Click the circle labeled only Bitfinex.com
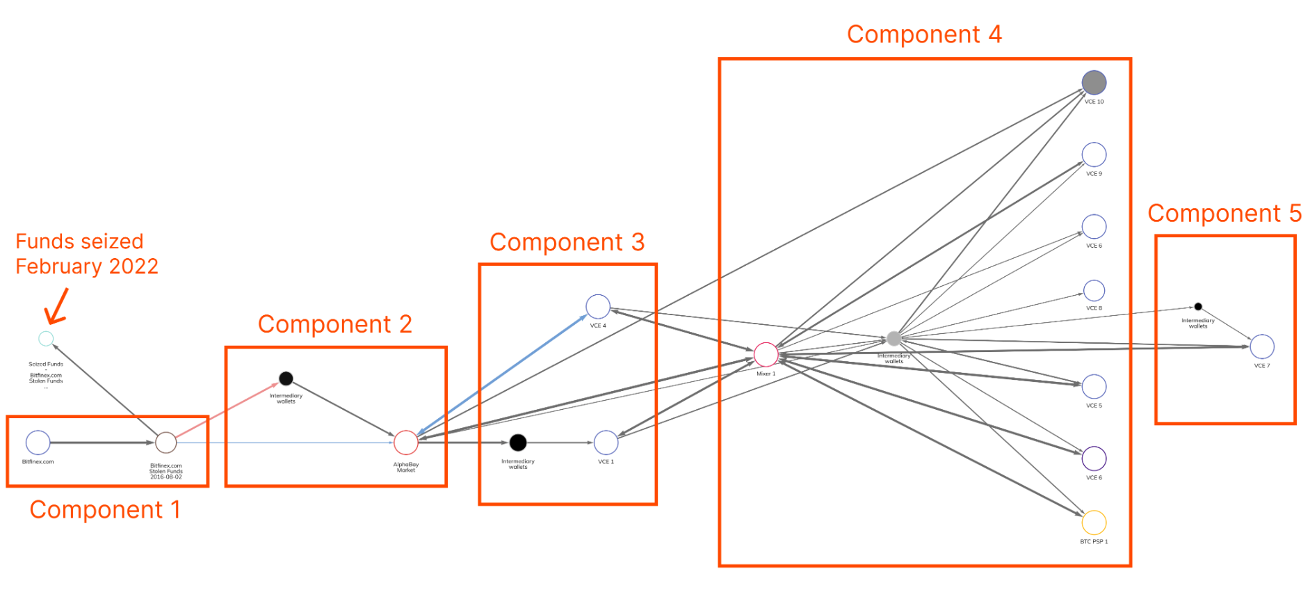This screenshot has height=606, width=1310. pyautogui.click(x=38, y=442)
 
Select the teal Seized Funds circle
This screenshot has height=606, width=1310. pyautogui.click(x=46, y=339)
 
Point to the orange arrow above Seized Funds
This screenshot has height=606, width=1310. pyautogui.click(x=57, y=308)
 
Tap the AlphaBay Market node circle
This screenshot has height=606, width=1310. pyautogui.click(x=406, y=442)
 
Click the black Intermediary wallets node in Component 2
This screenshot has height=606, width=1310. pyautogui.click(x=286, y=378)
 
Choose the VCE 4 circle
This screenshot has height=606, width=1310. pyautogui.click(x=598, y=306)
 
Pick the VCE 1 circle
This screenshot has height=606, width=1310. pyautogui.click(x=606, y=442)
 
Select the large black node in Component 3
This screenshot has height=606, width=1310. pyautogui.click(x=518, y=442)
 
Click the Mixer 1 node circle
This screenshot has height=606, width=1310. pyautogui.click(x=766, y=354)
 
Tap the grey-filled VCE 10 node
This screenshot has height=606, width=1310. pyautogui.click(x=1094, y=83)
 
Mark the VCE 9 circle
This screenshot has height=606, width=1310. pyautogui.click(x=1094, y=154)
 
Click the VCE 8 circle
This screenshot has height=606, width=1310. pyautogui.click(x=1094, y=290)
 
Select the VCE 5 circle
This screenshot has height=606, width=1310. pyautogui.click(x=1094, y=387)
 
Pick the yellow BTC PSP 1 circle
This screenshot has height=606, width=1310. pyautogui.click(x=1094, y=523)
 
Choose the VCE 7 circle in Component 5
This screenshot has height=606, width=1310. pyautogui.click(x=1262, y=346)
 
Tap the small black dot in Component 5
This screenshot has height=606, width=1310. pyautogui.click(x=1198, y=306)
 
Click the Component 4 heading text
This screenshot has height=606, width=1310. pyautogui.click(x=924, y=35)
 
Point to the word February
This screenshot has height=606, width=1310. pyautogui.click(x=59, y=266)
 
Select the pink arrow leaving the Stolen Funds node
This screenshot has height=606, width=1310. pyautogui.click(x=226, y=411)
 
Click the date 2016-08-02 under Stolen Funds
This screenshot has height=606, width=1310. pyautogui.click(x=166, y=477)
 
